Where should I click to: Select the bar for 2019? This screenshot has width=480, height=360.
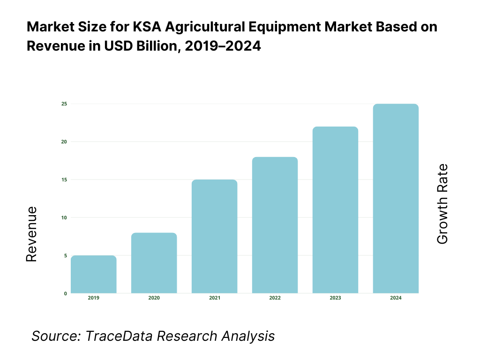pyautogui.click(x=94, y=275)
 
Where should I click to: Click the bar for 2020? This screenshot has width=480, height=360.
pyautogui.click(x=154, y=263)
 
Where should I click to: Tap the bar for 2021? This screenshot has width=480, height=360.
pyautogui.click(x=215, y=237)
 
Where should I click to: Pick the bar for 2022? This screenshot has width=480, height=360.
pyautogui.click(x=275, y=225)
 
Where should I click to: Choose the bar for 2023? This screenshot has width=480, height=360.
pyautogui.click(x=336, y=210)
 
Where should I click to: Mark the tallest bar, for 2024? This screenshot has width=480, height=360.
pyautogui.click(x=396, y=199)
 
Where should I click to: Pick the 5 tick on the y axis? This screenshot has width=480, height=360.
pyautogui.click(x=65, y=255)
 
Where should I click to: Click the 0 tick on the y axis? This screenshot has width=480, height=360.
pyautogui.click(x=65, y=293)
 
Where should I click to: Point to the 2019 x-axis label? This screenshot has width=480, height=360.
pyautogui.click(x=94, y=298)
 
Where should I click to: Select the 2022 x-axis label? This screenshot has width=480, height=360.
pyautogui.click(x=275, y=298)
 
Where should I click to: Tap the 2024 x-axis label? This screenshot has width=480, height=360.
pyautogui.click(x=396, y=298)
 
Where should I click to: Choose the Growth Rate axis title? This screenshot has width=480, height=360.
pyautogui.click(x=442, y=204)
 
